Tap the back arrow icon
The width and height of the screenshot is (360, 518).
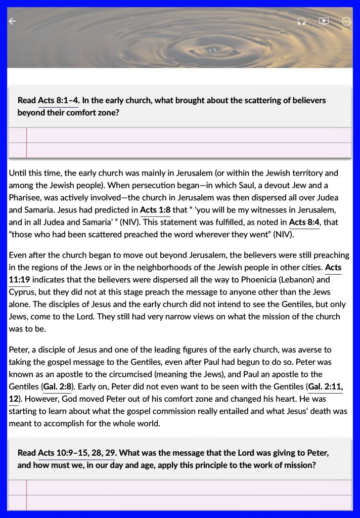tap(12, 21)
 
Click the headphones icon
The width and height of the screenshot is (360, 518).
tap(301, 21)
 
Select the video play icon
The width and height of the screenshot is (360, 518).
tap(324, 21)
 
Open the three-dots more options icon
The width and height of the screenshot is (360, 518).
tap(346, 21)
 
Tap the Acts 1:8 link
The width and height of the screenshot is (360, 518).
tap(155, 210)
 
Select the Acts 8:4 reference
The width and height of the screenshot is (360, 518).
tap(304, 222)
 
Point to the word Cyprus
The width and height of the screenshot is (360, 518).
tap(22, 292)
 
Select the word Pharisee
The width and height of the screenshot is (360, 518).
tap(25, 198)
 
